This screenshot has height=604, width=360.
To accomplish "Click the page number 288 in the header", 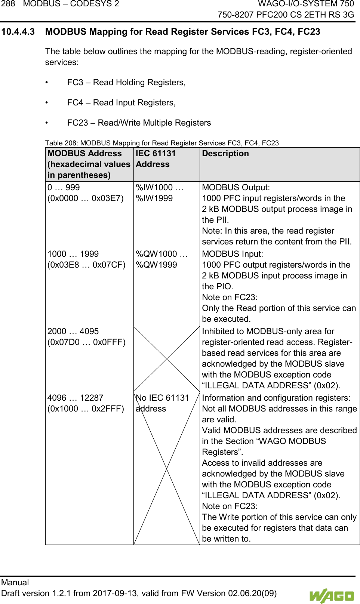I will pos(8,4).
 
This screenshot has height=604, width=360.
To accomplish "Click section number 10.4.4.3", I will pos(18,32).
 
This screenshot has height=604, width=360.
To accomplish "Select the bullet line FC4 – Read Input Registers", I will pos(121,103).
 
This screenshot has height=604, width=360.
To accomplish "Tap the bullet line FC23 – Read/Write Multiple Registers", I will pos(139,123).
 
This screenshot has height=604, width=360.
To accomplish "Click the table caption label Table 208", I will pos(61,143).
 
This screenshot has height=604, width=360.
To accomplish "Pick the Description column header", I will pos(225,154).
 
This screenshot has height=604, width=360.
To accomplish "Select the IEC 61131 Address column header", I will pos(156,159).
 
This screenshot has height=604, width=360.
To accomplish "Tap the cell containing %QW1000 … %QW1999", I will pos(161,259).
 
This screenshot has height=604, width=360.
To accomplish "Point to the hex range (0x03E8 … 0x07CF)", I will pos(86,265).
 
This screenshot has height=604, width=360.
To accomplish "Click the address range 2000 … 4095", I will pos(73,332).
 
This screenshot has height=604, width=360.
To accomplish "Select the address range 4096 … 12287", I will pos(75,398).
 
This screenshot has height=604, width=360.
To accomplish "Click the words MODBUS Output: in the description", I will pos(236,188).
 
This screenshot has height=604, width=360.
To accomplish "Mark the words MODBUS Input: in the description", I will pos(232,254).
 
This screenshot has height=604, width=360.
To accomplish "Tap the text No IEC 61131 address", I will pos(162,403).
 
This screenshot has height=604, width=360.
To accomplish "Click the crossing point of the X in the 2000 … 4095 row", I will pos(166,358).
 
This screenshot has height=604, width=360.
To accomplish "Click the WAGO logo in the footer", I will pos(331,595).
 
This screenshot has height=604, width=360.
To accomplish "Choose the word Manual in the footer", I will pos(15,583).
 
